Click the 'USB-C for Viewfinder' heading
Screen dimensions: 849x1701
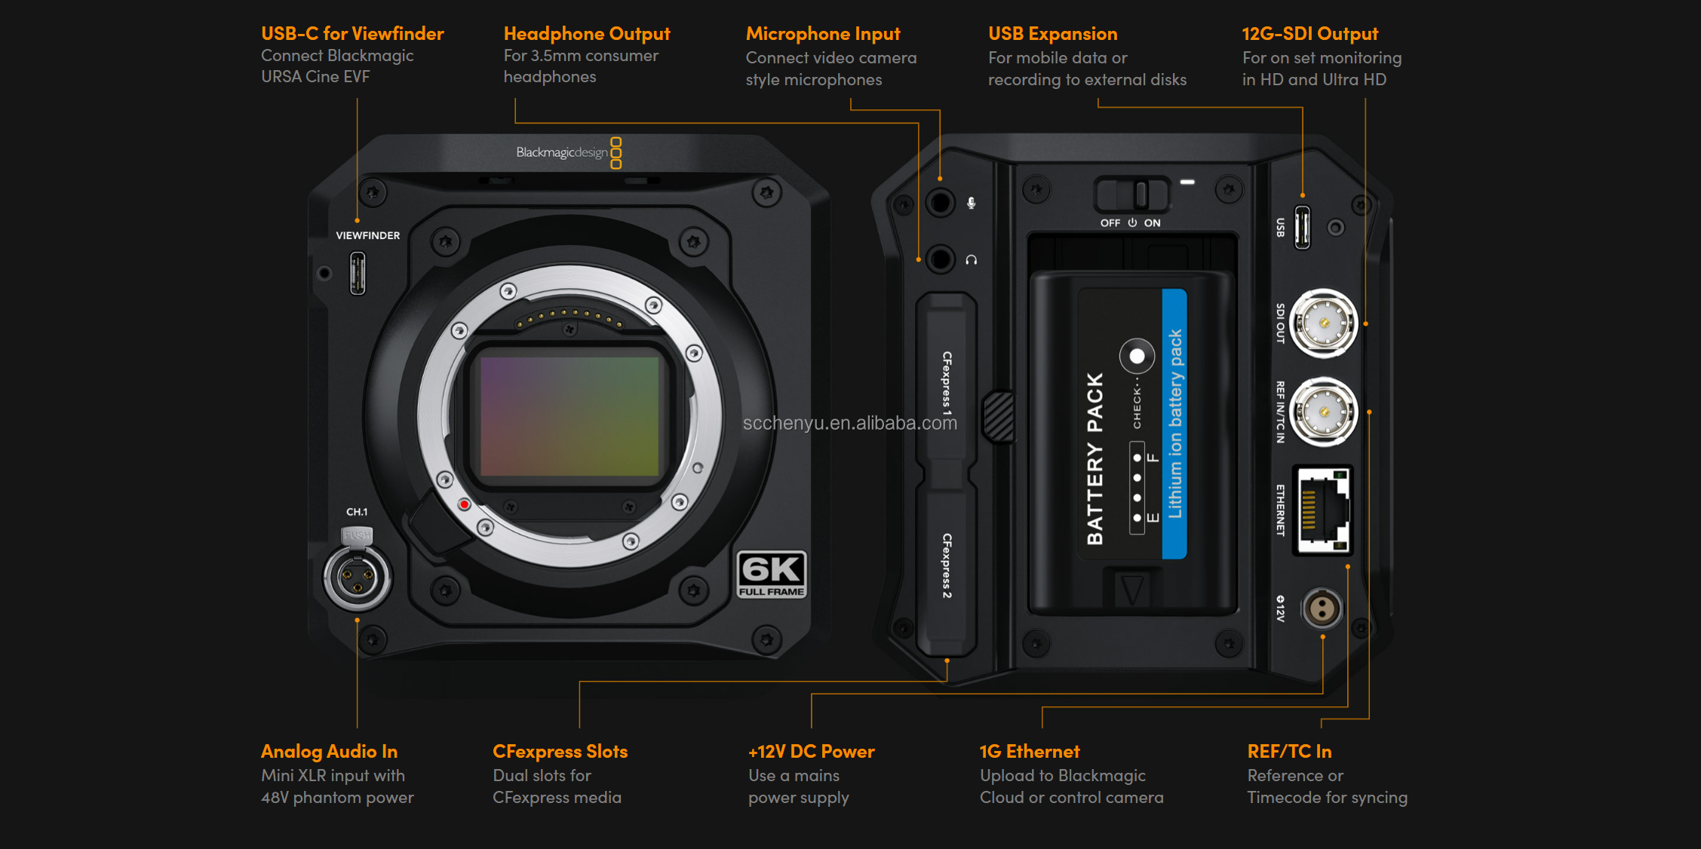352,34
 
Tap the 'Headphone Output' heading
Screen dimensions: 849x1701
586,34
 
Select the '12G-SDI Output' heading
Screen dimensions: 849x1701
1310,34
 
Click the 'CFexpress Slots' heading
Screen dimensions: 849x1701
560,752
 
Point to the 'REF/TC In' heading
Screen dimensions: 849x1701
1289,752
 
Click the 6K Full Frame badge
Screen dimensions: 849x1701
771,575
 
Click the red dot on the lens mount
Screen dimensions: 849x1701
465,504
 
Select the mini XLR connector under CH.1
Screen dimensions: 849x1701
357,578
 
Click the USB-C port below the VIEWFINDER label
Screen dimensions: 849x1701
358,273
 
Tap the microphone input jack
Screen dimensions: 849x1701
940,203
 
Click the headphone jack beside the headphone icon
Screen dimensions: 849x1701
940,259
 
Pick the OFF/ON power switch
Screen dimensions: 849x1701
1131,195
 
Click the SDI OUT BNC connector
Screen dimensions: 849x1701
1323,323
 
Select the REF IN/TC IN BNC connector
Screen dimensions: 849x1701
1323,412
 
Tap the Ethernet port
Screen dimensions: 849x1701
1322,510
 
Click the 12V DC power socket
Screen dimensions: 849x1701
1322,608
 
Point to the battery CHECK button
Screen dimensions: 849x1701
1137,356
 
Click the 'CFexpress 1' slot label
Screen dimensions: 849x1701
947,383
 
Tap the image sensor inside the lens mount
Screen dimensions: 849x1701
570,416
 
